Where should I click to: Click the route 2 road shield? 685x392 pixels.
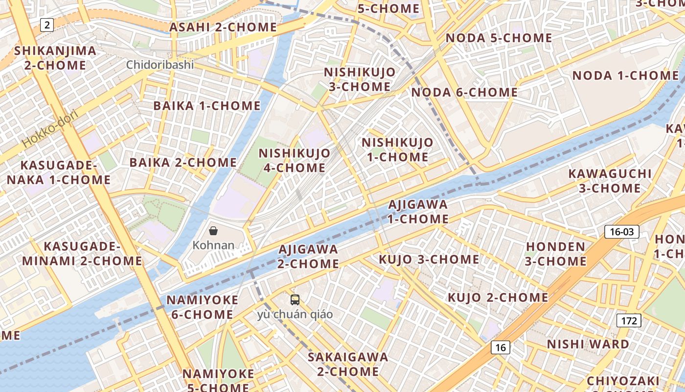tap(46, 24)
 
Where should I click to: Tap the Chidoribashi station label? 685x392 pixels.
tap(160, 65)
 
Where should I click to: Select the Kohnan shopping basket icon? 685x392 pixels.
tap(213, 231)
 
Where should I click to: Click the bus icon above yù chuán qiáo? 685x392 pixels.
tap(295, 299)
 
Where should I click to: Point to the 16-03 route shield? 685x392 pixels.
tap(622, 232)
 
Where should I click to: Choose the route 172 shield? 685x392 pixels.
tap(629, 321)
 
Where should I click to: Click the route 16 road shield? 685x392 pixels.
tap(500, 347)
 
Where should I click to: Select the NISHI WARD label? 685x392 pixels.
tap(588, 344)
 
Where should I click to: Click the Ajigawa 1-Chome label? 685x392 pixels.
tap(418, 211)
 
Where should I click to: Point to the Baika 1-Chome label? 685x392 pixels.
tap(207, 106)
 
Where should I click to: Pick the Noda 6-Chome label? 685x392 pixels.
tap(464, 92)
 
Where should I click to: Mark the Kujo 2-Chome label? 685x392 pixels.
tap(498, 297)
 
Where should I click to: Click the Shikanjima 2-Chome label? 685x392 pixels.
tap(55, 58)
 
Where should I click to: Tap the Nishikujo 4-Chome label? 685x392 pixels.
tap(295, 160)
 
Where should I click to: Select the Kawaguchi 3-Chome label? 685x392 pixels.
tap(610, 181)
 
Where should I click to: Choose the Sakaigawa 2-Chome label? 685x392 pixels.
tap(348, 364)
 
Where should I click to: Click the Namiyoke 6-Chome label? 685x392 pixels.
tap(203, 307)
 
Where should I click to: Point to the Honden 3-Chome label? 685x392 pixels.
tap(555, 254)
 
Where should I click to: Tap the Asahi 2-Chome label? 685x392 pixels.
tap(223, 27)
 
